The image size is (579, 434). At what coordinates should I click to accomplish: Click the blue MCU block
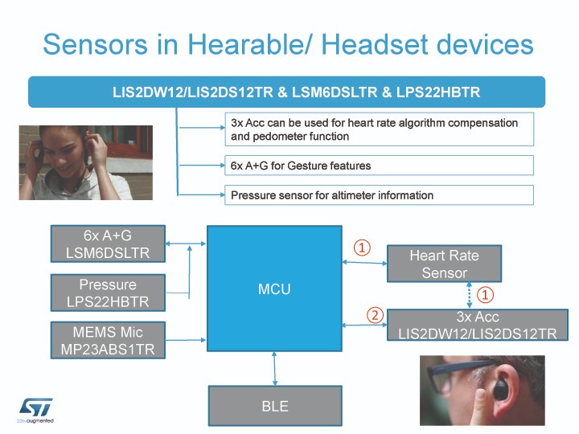point(274,289)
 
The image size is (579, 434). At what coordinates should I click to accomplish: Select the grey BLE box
point(275,406)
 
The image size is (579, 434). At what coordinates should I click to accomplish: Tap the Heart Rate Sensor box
point(444,264)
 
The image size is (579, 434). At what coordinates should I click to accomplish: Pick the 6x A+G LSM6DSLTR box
point(108,244)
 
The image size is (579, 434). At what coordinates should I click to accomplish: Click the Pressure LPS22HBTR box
point(108,293)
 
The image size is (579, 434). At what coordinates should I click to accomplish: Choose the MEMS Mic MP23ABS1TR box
point(108,340)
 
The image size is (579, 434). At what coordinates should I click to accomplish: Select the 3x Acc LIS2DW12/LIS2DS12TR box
point(478,325)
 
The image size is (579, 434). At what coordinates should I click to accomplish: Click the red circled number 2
point(375,316)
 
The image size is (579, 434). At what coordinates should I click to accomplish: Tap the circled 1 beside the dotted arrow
point(485,295)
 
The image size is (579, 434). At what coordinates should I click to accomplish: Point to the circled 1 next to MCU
point(362,248)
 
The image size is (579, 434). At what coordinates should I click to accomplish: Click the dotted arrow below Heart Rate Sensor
point(470,295)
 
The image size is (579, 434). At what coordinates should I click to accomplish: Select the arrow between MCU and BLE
point(274,368)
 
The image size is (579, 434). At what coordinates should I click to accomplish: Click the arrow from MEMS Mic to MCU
point(186,340)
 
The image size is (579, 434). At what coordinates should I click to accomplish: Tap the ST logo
point(35,410)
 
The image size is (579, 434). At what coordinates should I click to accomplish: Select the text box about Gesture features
point(380,166)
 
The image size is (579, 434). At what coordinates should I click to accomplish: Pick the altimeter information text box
point(380,194)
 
